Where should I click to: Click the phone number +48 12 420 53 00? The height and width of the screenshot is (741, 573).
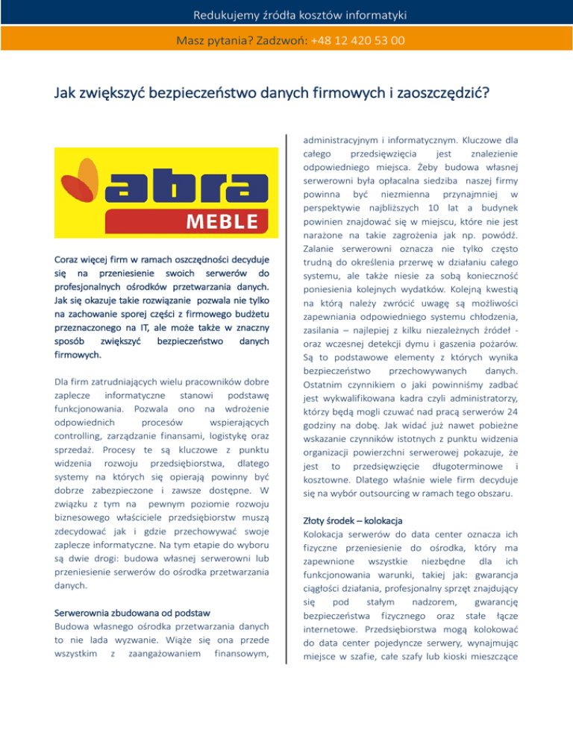coord(358,40)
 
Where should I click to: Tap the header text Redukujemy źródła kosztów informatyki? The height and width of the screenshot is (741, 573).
coord(286,13)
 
